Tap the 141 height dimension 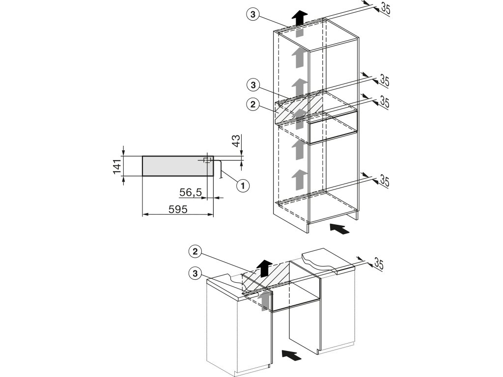pyautogui.click(x=117, y=166)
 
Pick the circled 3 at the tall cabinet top pyautogui.click(x=252, y=15)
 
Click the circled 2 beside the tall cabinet pyautogui.click(x=252, y=104)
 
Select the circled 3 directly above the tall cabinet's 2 pyautogui.click(x=252, y=85)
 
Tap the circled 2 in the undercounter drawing pyautogui.click(x=196, y=252)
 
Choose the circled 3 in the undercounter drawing pyautogui.click(x=196, y=273)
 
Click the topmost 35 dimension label pyautogui.click(x=385, y=8)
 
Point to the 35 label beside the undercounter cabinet pyautogui.click(x=377, y=263)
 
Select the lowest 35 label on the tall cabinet pyautogui.click(x=384, y=181)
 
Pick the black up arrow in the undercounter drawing pyautogui.click(x=264, y=268)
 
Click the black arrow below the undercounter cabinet pyautogui.click(x=291, y=354)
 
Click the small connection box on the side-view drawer pyautogui.click(x=207, y=160)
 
